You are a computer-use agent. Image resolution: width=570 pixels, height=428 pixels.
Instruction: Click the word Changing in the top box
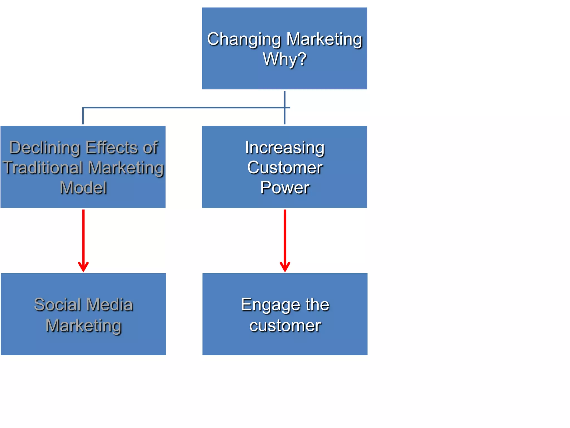point(244,39)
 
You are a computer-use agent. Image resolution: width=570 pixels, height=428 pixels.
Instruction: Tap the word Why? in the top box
point(284,59)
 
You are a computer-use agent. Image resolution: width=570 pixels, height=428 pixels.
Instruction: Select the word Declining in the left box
point(45,147)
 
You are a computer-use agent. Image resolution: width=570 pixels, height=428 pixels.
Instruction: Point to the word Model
point(83,188)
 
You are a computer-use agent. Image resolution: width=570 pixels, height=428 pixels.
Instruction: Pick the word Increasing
point(284,148)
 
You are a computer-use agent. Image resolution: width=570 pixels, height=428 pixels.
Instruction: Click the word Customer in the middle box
point(284,168)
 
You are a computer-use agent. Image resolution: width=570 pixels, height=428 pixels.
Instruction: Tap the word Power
point(284,188)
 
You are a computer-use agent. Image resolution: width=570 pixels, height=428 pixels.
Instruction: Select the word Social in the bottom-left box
point(57,304)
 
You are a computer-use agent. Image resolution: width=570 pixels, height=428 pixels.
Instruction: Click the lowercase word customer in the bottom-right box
point(285,325)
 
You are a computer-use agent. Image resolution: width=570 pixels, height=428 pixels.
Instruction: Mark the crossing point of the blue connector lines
point(284,108)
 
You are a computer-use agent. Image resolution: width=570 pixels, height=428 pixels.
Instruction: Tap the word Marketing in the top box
point(324,39)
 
